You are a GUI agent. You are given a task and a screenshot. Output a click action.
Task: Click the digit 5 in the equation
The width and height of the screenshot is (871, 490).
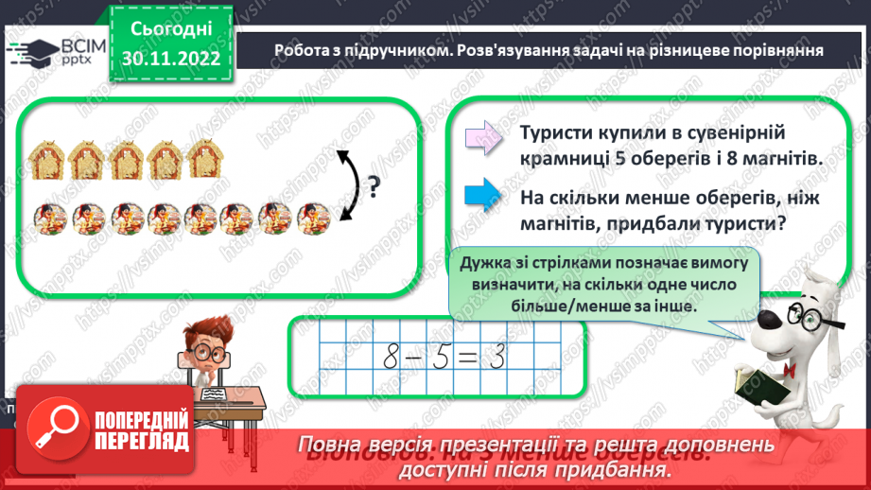pos(444,358)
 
